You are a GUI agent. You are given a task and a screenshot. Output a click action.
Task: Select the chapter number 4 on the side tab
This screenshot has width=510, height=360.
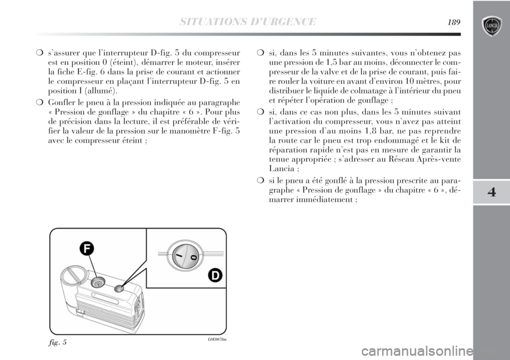(491, 192)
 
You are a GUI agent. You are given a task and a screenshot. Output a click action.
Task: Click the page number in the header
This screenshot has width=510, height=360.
(454, 22)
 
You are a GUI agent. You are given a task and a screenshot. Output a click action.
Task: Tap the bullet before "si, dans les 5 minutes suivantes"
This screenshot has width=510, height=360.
(259, 53)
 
